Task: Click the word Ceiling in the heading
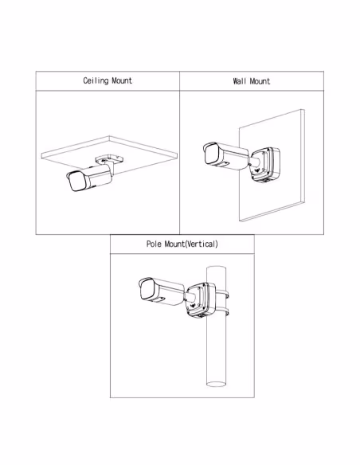[x=96, y=80]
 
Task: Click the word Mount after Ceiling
[x=122, y=80]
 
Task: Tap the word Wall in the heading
[x=239, y=81]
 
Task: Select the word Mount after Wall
[x=260, y=81]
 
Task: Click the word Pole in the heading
[x=154, y=244]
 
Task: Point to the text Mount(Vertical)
[x=191, y=244]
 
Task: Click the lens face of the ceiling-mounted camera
[x=76, y=182]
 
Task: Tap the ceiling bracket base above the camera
[x=109, y=158]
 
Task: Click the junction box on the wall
[x=264, y=165]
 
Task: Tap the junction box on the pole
[x=201, y=300]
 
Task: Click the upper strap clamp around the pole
[x=222, y=295]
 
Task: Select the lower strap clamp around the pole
[x=222, y=312]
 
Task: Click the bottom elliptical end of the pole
[x=216, y=384]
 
